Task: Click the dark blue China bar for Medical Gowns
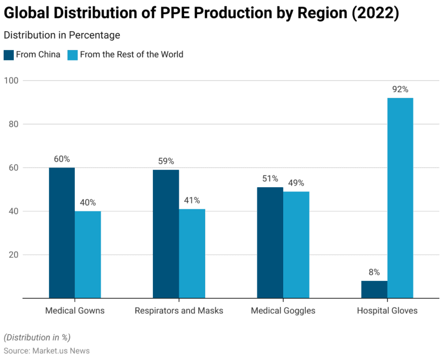coord(62,232)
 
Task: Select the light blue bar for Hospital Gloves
coord(400,198)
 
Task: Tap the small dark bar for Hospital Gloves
coord(374,289)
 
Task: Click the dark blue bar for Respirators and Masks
coord(166,233)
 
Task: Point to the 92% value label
coord(400,90)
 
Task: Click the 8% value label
coord(374,273)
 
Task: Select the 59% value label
coord(166,161)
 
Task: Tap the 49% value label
coord(296,183)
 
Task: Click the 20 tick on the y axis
coord(13,255)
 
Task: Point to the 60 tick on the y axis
coord(13,168)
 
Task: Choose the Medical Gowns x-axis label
coord(75,310)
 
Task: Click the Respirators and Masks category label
coord(179,310)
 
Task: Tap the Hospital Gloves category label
coord(387,310)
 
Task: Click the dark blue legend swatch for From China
coord(9,55)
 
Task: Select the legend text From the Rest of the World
coord(131,55)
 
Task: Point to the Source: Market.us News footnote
coord(46,351)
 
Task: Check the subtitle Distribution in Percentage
coord(62,35)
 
